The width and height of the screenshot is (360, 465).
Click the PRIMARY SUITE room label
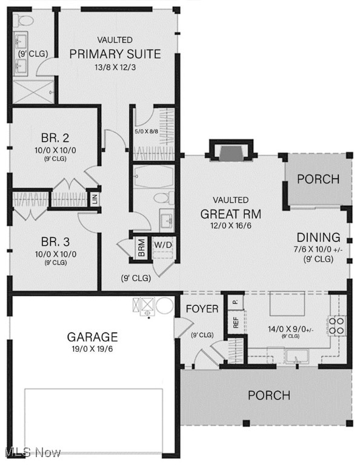tap(115, 54)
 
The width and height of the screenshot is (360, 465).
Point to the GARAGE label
tap(92, 337)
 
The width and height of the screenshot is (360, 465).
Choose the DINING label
tap(318, 237)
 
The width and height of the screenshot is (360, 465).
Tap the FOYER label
tap(202, 309)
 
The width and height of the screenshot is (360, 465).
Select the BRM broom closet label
tap(141, 247)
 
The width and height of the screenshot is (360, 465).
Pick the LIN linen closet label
tap(95, 198)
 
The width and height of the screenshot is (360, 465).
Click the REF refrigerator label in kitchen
tap(236, 323)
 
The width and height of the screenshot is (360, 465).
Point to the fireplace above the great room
tap(230, 152)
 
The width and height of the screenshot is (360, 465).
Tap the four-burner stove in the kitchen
tap(338, 326)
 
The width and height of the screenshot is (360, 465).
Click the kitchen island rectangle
tap(286, 303)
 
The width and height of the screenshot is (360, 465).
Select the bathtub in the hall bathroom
tap(153, 176)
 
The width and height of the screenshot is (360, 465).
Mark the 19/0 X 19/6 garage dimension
tap(92, 349)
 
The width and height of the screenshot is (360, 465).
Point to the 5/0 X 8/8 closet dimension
tap(147, 130)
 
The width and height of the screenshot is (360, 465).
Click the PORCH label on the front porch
tap(268, 395)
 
